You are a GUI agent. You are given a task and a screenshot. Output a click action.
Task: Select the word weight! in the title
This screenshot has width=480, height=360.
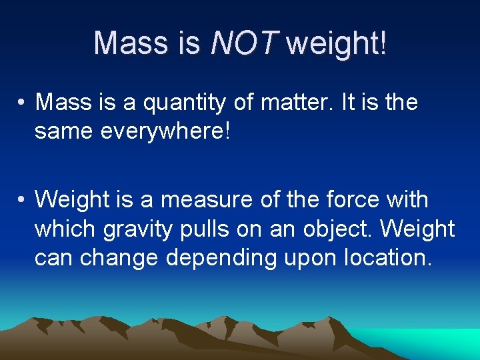(336, 43)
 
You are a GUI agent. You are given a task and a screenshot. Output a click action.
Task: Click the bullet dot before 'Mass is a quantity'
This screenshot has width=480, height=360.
(22, 103)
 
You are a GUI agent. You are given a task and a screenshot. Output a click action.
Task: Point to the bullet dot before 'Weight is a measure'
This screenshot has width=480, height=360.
(22, 200)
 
